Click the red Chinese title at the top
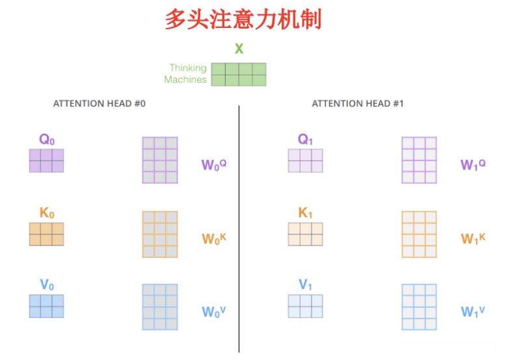click(x=243, y=19)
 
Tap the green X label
click(x=239, y=49)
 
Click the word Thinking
click(x=187, y=68)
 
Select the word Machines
click(x=185, y=79)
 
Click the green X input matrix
click(x=239, y=74)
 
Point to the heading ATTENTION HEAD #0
click(x=99, y=103)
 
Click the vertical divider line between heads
click(x=239, y=227)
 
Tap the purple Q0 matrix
click(x=46, y=161)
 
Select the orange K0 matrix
click(x=46, y=234)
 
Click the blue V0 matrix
click(x=46, y=306)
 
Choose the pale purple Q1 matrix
click(x=305, y=161)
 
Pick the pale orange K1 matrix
click(x=305, y=234)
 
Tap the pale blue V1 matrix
click(x=305, y=306)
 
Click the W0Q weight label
click(x=213, y=164)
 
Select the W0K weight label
click(x=213, y=238)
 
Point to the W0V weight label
click(x=213, y=312)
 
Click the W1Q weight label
click(x=473, y=164)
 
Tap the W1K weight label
click(x=473, y=238)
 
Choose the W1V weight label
click(x=473, y=312)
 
